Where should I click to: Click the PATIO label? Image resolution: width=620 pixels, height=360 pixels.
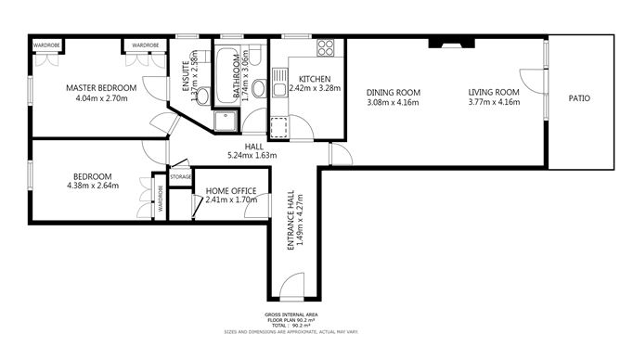pos(580,97)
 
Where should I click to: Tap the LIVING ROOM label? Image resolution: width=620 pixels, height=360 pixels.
pos(493,92)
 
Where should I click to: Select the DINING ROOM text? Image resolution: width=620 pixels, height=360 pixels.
pos(394,92)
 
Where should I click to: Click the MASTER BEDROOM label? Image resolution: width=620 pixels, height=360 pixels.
pos(101,88)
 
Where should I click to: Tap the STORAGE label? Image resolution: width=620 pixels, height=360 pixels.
pos(180,176)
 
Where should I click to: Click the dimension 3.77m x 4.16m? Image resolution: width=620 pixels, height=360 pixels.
pos(493,102)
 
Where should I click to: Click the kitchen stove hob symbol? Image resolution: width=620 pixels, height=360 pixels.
pos(326,48)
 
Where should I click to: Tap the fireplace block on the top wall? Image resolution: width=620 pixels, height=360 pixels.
pos(450,42)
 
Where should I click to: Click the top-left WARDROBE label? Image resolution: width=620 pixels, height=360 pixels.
pos(46,45)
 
